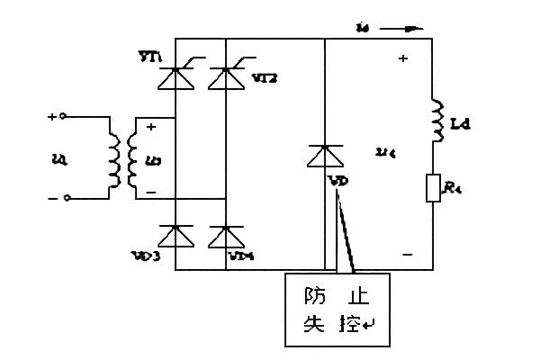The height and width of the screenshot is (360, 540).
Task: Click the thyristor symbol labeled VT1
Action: pyautogui.click(x=173, y=79)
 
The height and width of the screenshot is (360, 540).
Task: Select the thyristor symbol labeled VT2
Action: pyautogui.click(x=225, y=79)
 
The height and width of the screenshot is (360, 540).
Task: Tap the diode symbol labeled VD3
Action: pyautogui.click(x=173, y=236)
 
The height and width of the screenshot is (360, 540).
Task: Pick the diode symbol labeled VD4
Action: pyautogui.click(x=225, y=236)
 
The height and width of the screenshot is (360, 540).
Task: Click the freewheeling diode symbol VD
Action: pyautogui.click(x=322, y=157)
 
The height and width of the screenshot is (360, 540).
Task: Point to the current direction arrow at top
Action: pyautogui.click(x=401, y=28)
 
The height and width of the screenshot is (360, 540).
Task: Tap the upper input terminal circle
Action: pyautogui.click(x=66, y=117)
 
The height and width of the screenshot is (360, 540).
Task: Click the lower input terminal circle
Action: pyautogui.click(x=66, y=197)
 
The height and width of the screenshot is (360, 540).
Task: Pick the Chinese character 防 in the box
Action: pyautogui.click(x=312, y=294)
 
